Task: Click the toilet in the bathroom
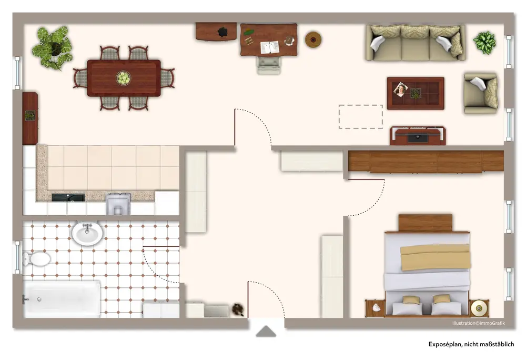37,258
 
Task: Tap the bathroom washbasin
87,233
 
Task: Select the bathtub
62,299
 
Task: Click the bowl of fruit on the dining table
124,78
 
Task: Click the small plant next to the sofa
484,42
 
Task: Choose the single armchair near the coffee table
480,93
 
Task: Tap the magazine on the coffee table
401,89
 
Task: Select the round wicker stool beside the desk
313,39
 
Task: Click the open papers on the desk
270,47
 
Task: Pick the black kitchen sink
68,197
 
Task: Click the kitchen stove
118,204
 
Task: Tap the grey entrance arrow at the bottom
266,331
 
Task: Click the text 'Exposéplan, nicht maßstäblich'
471,344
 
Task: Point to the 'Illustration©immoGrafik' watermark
478,323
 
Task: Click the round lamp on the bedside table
479,308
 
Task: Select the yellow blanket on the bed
435,257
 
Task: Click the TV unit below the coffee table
418,136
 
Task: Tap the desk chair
269,65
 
